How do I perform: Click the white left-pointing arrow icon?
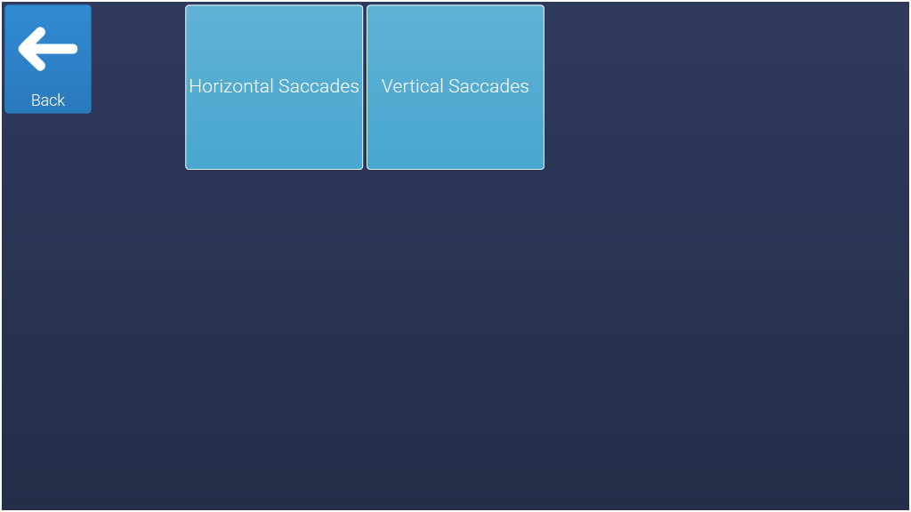point(48,49)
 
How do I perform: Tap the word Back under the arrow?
point(48,100)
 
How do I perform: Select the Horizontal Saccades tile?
point(274,87)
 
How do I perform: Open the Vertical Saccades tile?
point(455,87)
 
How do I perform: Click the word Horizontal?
point(231,86)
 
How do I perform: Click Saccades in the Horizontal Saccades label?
point(319,86)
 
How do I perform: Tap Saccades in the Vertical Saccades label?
point(488,86)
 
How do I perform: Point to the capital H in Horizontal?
point(195,86)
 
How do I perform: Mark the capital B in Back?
point(36,100)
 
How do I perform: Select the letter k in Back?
point(61,100)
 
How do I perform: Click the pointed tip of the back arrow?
point(20,49)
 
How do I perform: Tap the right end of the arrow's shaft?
point(77,49)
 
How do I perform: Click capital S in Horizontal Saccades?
point(284,86)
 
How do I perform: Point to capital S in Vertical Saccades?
point(454,86)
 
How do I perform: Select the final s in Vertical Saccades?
point(524,88)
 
